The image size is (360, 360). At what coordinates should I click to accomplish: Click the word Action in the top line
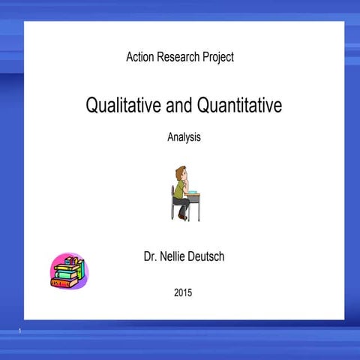click(x=141, y=58)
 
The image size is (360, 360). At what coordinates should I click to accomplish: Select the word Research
click(x=180, y=58)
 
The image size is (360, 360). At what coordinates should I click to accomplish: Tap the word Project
click(x=218, y=58)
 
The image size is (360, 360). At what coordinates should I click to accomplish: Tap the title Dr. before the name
click(x=150, y=256)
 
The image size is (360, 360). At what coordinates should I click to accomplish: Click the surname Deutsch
click(x=208, y=256)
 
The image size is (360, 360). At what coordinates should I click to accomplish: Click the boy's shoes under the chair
click(x=182, y=217)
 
